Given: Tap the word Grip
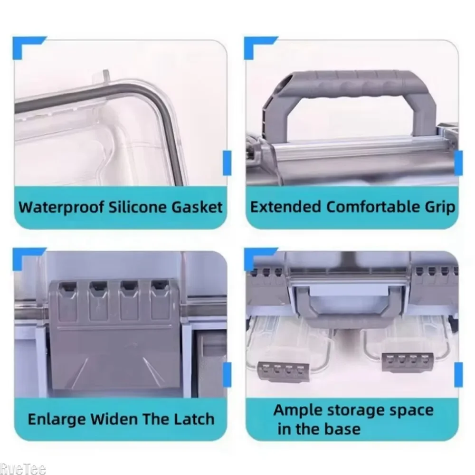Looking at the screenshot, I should click(440, 208).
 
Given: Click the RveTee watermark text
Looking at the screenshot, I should click(22, 470).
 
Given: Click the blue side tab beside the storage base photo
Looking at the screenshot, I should click(459, 373).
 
